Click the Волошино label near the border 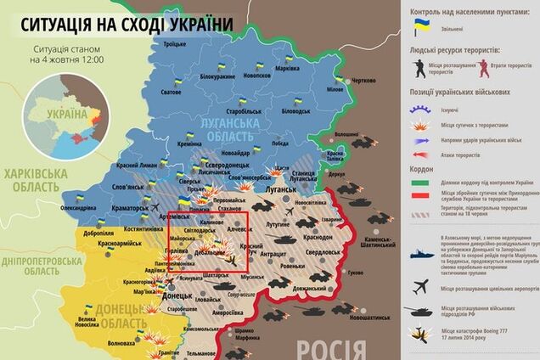coord(346,134)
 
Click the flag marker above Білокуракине coord(218,64)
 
